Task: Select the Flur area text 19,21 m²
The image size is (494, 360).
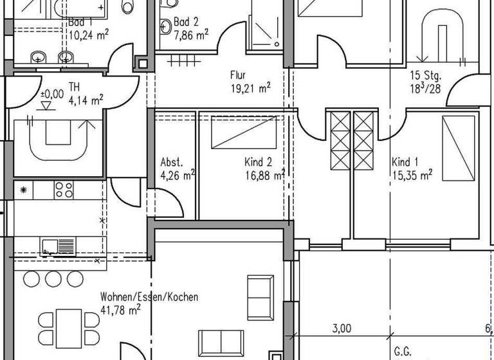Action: pos(250,88)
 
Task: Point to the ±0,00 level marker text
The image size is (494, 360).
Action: pos(52,94)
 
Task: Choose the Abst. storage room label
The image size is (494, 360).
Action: pos(172,163)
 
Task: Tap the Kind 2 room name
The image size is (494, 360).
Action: pos(259,163)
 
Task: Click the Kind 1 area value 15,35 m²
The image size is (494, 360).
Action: pos(412,174)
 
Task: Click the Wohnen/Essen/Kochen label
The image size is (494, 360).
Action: pos(149,298)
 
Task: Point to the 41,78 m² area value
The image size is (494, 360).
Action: pos(120,310)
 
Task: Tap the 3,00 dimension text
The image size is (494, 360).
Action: pos(342,328)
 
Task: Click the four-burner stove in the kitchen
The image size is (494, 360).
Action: pos(64,190)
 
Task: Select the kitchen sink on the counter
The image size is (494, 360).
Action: pos(59,246)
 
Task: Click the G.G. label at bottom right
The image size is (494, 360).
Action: pos(403,352)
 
